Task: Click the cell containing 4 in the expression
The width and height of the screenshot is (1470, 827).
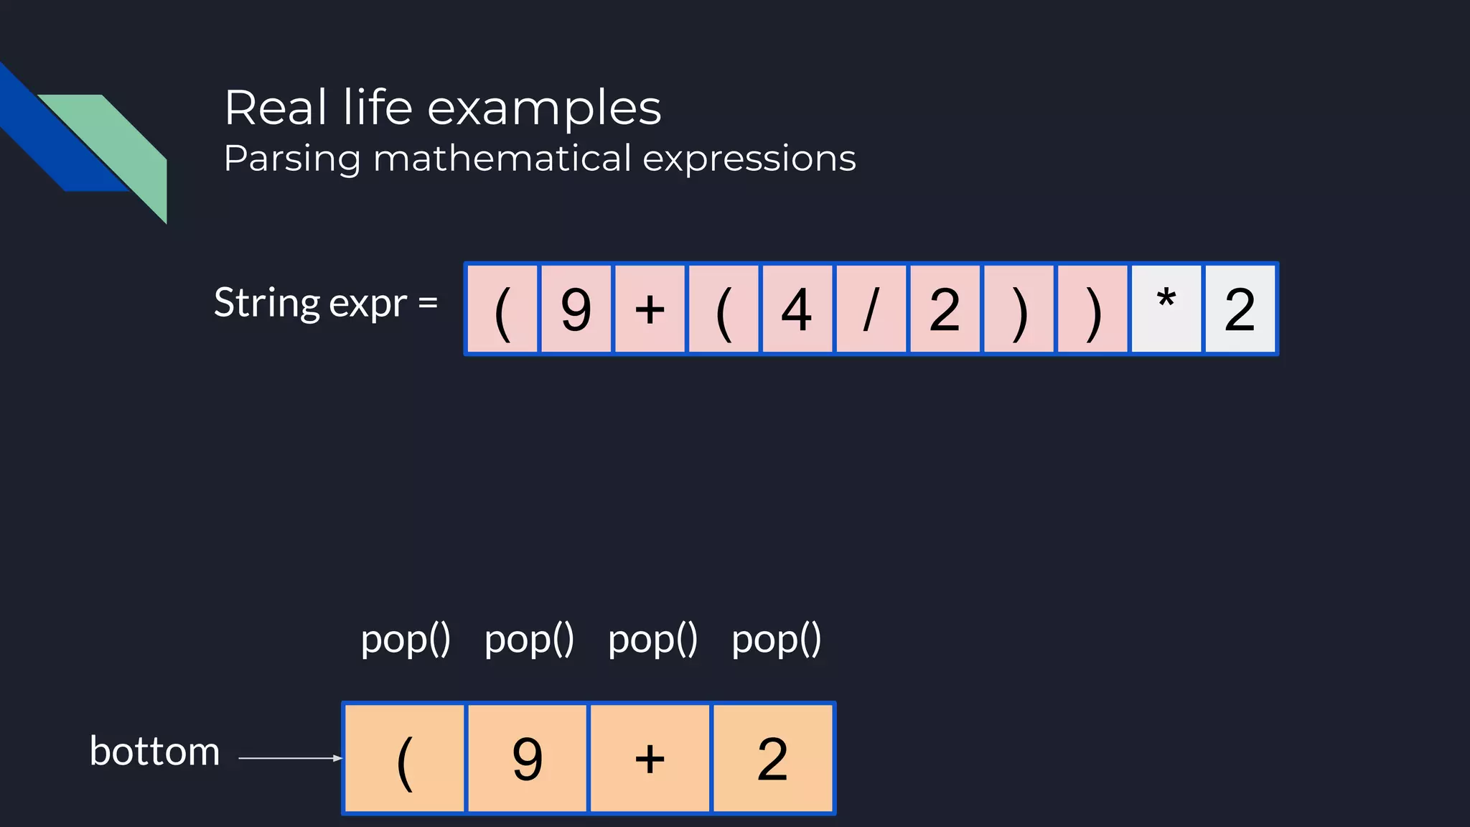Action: coord(797,309)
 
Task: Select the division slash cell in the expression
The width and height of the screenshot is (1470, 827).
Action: coord(871,309)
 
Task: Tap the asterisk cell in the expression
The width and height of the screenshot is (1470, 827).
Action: coord(1166,309)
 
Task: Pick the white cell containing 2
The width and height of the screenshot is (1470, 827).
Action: coord(1240,309)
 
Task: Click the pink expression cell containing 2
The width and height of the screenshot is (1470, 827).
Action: coord(945,309)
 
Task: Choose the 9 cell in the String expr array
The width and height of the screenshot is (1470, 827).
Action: coord(576,309)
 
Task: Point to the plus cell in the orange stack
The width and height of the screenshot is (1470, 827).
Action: coord(650,758)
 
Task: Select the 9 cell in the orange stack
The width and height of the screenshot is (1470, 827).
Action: coord(528,758)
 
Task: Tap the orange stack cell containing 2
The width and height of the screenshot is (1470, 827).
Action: coord(772,758)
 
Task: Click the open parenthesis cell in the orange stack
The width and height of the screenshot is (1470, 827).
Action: coord(405,758)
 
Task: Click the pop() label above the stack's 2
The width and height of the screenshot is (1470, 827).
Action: coord(776,639)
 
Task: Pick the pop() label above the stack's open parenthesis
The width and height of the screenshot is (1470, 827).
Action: coord(406,639)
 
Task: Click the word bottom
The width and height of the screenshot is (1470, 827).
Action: coord(154,752)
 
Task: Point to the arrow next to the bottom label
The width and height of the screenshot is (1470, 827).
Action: coord(290,758)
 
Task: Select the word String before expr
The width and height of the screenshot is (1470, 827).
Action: coord(267,303)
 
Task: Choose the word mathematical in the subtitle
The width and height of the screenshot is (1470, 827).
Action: coord(502,159)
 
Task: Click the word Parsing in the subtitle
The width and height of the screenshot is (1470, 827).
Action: coord(291,159)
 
